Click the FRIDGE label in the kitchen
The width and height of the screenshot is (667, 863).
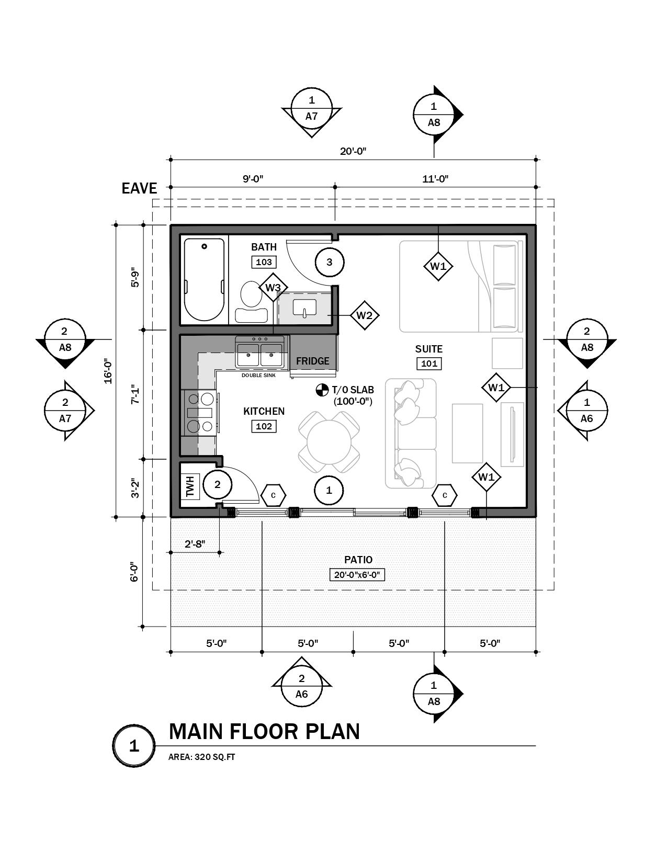312,361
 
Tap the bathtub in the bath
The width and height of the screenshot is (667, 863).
205,280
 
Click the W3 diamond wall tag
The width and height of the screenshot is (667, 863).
273,288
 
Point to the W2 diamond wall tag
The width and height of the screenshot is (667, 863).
364,315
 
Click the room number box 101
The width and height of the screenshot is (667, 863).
429,364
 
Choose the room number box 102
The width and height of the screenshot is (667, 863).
264,426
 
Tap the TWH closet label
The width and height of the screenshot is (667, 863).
189,486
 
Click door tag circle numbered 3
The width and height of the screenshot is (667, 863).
329,262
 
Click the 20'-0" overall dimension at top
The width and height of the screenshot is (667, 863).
353,151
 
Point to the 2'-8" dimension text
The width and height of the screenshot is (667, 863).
195,544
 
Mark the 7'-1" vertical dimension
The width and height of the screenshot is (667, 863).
135,394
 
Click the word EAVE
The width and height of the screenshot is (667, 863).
139,188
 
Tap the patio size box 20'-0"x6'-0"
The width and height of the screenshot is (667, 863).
358,575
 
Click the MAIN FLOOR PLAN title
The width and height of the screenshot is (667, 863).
264,731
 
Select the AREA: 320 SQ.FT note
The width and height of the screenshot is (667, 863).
201,757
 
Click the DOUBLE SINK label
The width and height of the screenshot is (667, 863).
258,376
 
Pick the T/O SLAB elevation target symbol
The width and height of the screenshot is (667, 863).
322,390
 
